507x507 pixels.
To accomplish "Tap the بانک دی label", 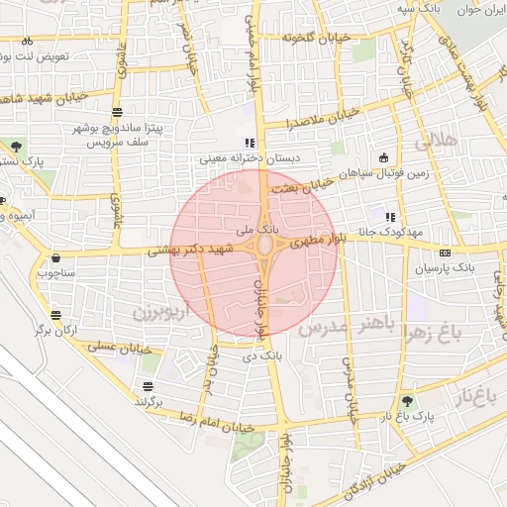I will point(259,352).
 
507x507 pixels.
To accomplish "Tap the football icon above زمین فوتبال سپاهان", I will point(384,157).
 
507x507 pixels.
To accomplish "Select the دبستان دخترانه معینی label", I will point(243,157).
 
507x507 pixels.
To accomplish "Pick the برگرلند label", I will point(148,403).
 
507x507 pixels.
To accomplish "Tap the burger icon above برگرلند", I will point(148,387).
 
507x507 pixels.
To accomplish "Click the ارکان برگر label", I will point(55,329).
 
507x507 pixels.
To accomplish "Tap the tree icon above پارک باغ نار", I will point(406,400).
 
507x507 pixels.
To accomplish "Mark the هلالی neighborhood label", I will point(439,143).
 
